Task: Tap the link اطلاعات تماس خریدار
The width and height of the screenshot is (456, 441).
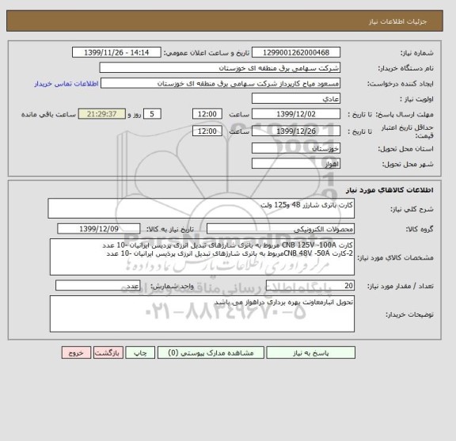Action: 66,83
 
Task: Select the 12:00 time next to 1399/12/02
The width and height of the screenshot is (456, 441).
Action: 207,113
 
